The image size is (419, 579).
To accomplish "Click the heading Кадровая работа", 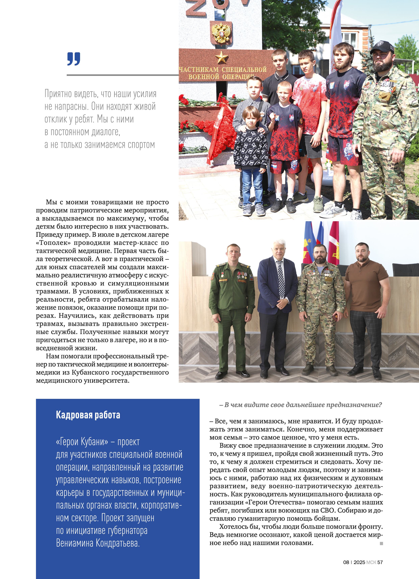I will click(x=88, y=415).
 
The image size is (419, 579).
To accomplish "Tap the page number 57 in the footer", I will click(x=380, y=562).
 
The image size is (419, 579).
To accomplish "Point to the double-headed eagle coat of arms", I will click(x=221, y=32).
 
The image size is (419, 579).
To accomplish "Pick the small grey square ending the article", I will click(x=381, y=543).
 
